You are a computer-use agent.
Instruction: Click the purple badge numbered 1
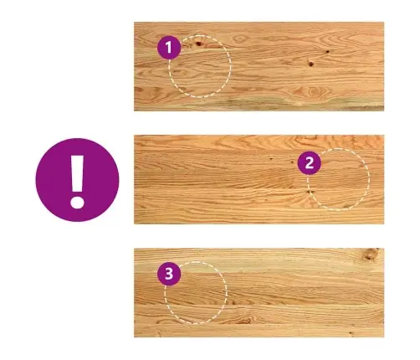[169, 48]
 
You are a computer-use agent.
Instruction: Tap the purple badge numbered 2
[310, 163]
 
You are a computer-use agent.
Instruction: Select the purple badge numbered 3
[169, 274]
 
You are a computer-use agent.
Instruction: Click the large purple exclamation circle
[77, 180]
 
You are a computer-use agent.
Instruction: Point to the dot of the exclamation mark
[77, 202]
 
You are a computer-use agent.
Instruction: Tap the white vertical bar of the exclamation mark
[77, 173]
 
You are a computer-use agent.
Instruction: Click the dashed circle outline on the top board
[230, 66]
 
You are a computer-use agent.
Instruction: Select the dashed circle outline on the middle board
[369, 179]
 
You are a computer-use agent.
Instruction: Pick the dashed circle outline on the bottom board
[226, 293]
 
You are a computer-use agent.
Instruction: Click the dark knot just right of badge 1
[198, 44]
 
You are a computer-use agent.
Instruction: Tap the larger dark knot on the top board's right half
[310, 64]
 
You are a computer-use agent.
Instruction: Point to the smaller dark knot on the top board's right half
[328, 52]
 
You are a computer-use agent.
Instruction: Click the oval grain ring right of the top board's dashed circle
[240, 39]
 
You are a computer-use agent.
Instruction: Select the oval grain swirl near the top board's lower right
[312, 91]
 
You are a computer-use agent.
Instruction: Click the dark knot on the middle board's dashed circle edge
[310, 192]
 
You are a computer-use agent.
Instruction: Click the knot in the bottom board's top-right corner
[371, 254]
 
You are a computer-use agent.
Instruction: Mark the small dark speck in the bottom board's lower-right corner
[351, 333]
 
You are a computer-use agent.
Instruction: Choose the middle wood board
[259, 179]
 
